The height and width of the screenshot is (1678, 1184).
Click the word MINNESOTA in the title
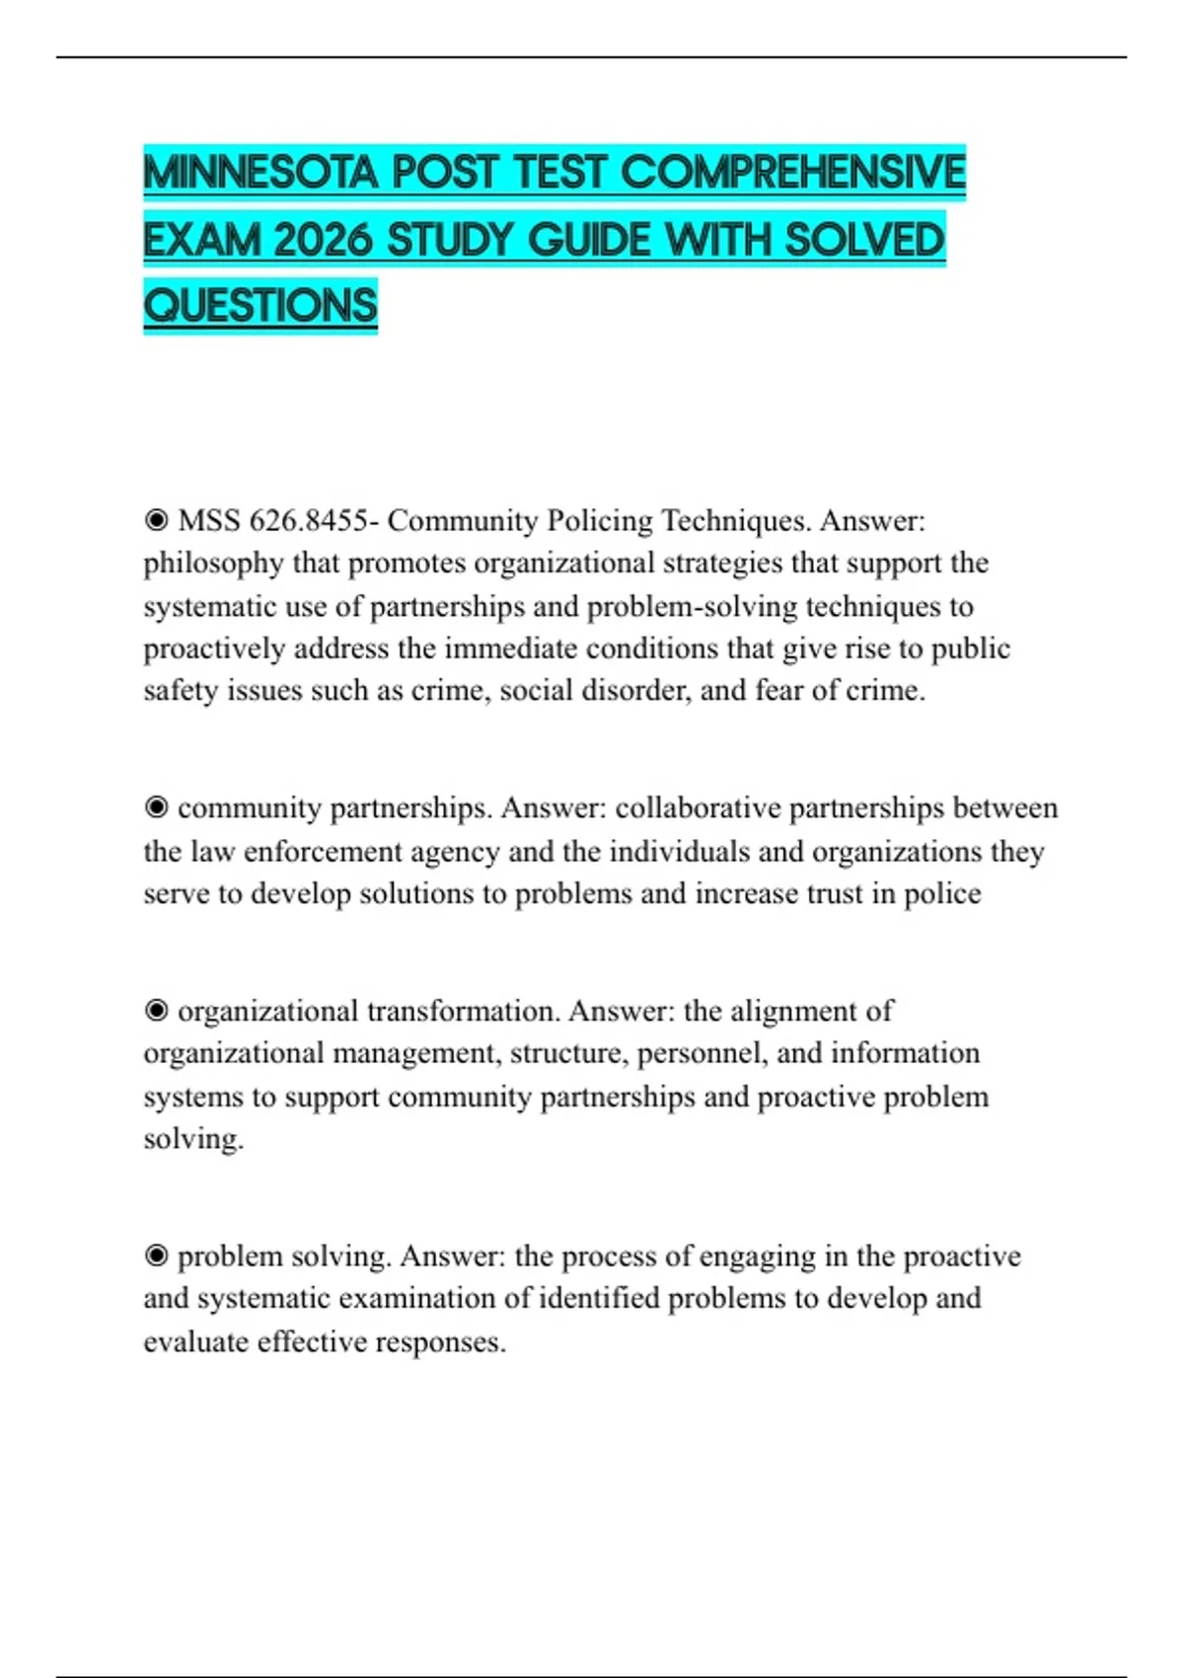(260, 173)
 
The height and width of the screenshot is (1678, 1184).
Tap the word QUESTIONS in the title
(260, 305)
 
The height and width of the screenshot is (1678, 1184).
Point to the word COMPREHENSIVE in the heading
(792, 173)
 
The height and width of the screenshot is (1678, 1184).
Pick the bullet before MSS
(156, 520)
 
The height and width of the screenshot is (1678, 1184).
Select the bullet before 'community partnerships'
(156, 808)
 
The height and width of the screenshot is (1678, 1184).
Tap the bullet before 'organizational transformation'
(156, 1012)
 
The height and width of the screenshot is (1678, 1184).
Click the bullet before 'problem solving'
(156, 1257)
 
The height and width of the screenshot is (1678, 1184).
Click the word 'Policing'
(600, 520)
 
